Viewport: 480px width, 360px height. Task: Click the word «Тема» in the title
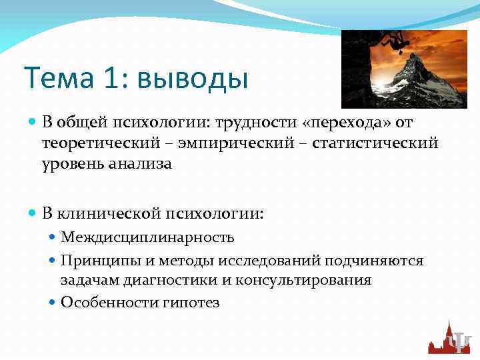[57, 79]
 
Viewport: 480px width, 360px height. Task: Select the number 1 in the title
[111, 79]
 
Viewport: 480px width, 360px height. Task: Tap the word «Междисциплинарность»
[147, 238]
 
